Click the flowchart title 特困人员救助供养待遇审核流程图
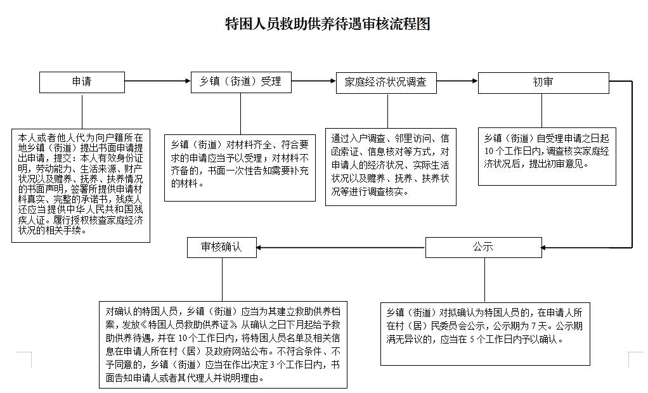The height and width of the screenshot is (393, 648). [x=328, y=25]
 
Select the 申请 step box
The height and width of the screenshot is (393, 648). [x=82, y=82]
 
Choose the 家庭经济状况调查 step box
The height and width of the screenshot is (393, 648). [x=386, y=82]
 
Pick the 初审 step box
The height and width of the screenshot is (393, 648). [x=543, y=82]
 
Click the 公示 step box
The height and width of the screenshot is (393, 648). [x=483, y=247]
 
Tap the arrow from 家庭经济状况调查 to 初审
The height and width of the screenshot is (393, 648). [x=457, y=81]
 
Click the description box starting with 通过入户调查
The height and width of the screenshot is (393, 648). [x=391, y=167]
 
